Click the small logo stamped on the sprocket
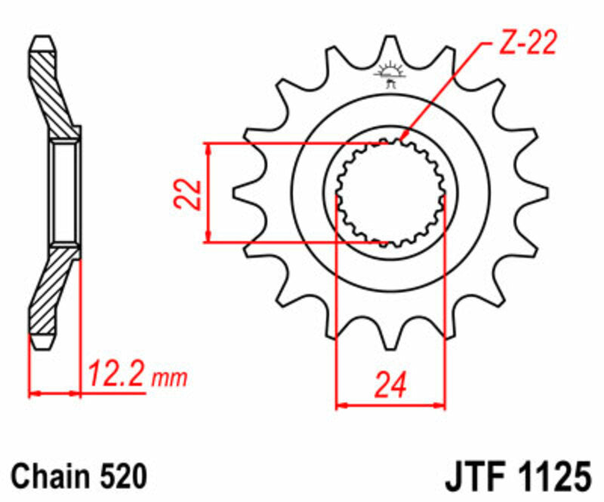coord(390,75)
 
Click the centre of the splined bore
coord(390,193)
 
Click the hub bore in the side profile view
coord(65,193)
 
